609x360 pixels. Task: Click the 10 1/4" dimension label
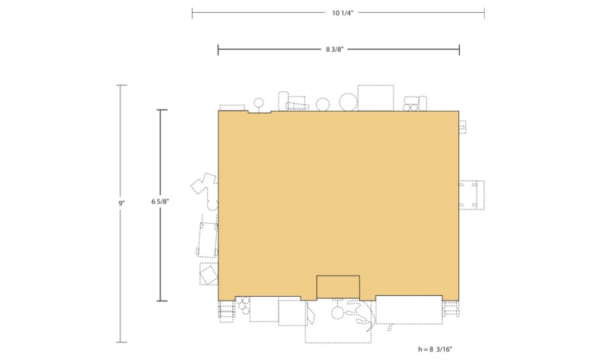(x=342, y=13)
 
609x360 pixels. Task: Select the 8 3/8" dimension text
(x=334, y=49)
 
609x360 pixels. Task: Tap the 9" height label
(x=122, y=202)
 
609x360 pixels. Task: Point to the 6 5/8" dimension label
(x=160, y=201)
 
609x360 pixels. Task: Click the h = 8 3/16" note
(x=435, y=349)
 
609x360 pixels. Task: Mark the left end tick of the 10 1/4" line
(x=193, y=13)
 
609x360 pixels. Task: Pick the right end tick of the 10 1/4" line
(x=484, y=13)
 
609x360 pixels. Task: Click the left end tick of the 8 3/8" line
(x=218, y=49)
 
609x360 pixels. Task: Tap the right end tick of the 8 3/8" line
(x=460, y=49)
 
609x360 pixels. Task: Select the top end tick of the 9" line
(x=122, y=85)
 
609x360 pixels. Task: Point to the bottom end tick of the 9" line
(x=122, y=342)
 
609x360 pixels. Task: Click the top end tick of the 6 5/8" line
(x=162, y=110)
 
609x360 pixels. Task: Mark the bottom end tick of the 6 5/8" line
(x=162, y=301)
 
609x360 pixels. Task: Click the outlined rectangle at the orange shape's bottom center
(x=338, y=276)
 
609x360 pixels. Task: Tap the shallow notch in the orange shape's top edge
(x=260, y=112)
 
